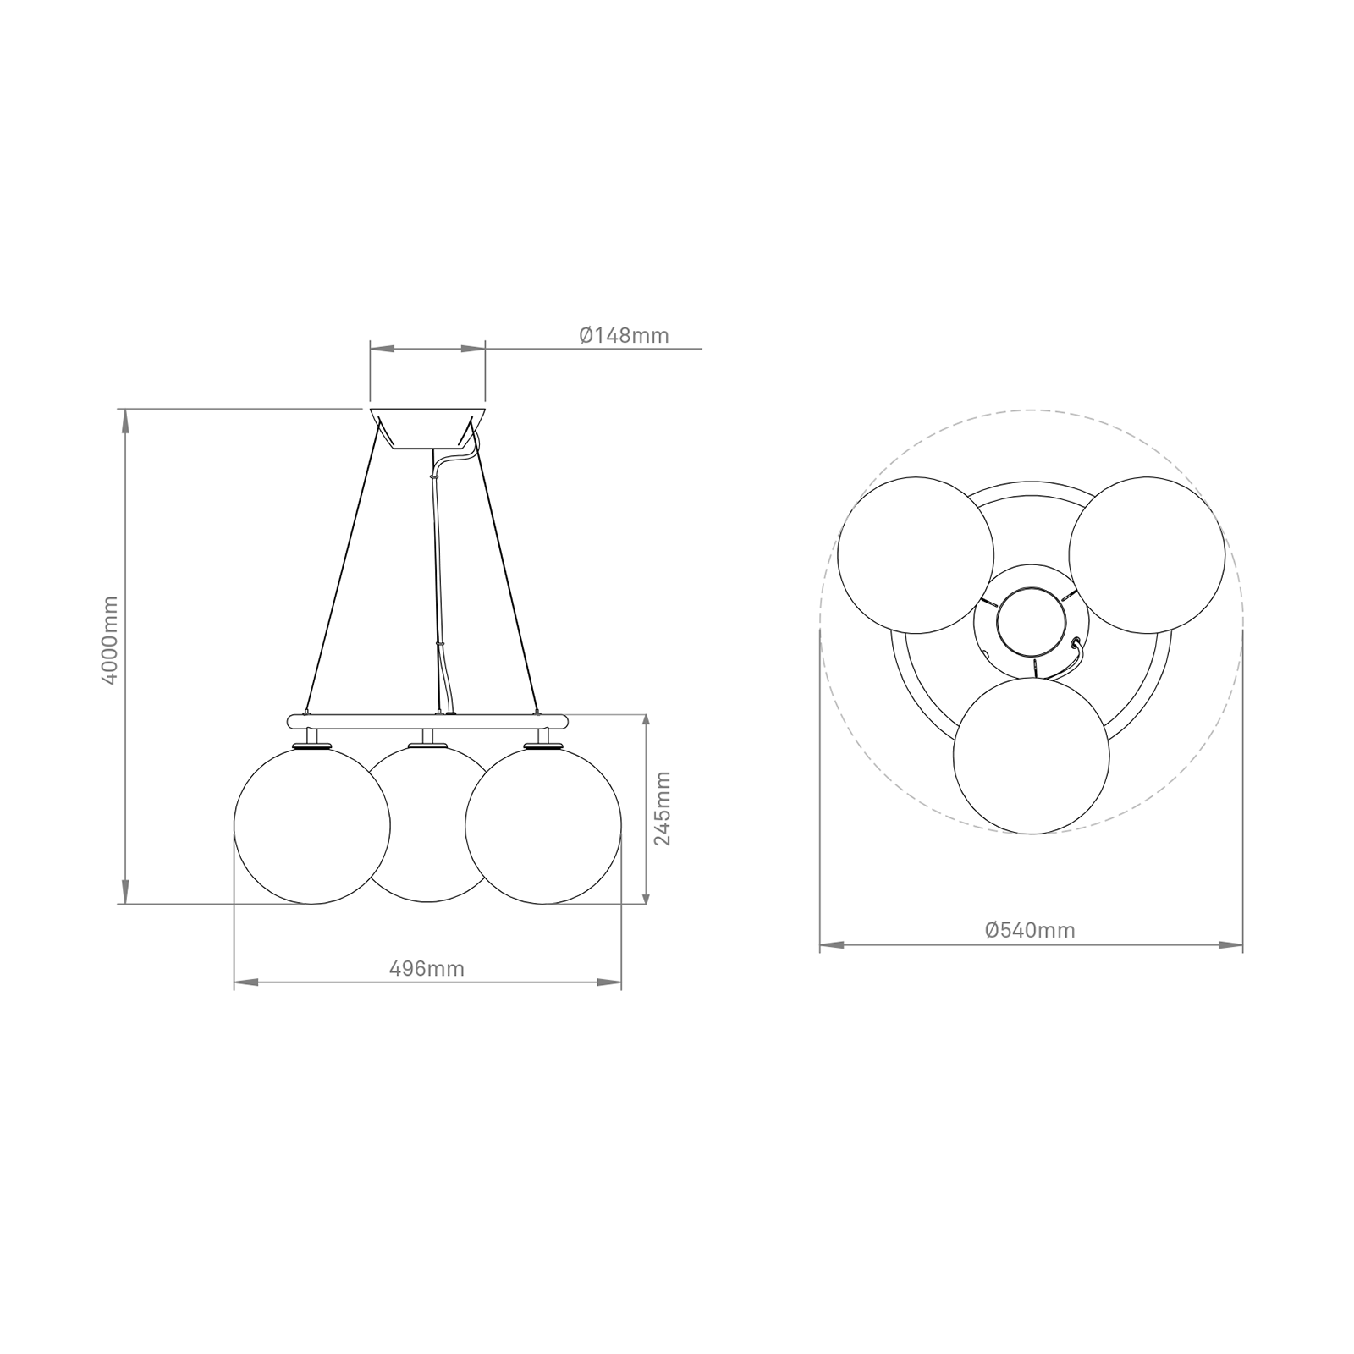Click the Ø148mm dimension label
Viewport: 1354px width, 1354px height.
click(624, 336)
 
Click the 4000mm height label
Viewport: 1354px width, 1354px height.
click(111, 641)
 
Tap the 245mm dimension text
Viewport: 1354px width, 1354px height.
click(663, 807)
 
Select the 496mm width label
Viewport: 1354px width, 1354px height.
click(427, 969)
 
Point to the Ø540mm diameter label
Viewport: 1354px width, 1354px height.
click(1030, 931)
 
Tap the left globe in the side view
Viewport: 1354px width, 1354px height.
click(311, 825)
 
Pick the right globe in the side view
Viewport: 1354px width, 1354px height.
click(543, 825)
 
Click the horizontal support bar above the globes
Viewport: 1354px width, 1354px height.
click(427, 722)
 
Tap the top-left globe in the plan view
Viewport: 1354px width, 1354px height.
click(915, 555)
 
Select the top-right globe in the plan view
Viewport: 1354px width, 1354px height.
click(1147, 555)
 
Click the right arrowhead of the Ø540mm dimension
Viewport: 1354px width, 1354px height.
click(1232, 944)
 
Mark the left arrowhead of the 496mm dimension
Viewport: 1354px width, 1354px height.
click(245, 982)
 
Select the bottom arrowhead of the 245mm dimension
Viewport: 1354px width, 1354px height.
click(647, 893)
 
